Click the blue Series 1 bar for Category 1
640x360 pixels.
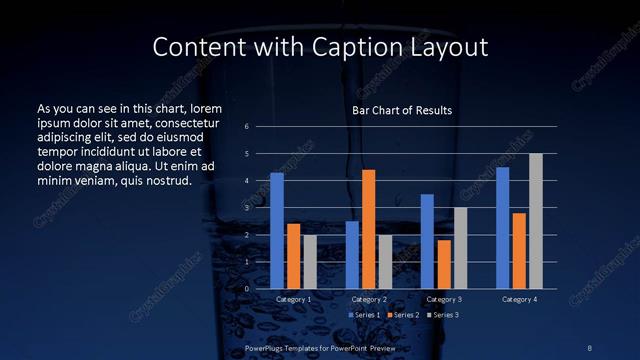277,231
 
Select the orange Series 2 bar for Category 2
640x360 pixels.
368,229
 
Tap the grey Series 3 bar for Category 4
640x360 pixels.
536,221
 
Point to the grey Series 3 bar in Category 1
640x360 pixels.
310,262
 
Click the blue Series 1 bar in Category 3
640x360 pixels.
427,241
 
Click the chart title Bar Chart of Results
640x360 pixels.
402,110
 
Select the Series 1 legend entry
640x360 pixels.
363,316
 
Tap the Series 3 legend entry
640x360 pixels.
444,316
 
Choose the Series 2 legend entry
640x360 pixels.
403,316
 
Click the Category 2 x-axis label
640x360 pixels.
369,300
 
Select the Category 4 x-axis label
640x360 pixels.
519,300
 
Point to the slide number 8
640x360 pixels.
590,346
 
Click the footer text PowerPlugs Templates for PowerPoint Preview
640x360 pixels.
321,346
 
